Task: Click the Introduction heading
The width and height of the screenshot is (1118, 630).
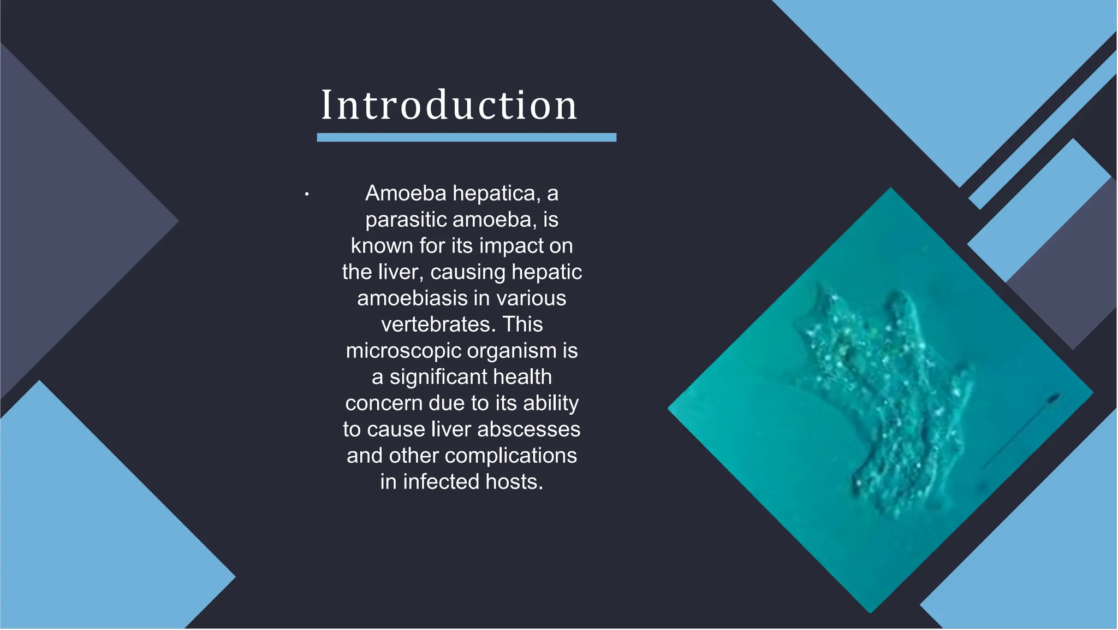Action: coord(449,105)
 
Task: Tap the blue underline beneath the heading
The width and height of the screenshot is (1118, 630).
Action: coord(466,138)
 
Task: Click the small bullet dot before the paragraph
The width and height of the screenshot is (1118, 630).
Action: coord(307,194)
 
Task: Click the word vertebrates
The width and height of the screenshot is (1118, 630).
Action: coord(438,325)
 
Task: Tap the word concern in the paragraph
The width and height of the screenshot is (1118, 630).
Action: coord(384,403)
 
